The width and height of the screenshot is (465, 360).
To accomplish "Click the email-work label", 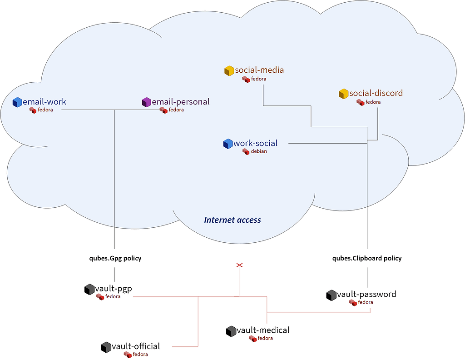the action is pyautogui.click(x=45, y=102).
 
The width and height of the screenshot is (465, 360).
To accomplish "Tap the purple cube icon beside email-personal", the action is pyautogui.click(x=147, y=102).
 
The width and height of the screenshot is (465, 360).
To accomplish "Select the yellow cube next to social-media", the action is pyautogui.click(x=229, y=70).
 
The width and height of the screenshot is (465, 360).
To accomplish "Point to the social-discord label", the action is pyautogui.click(x=376, y=93).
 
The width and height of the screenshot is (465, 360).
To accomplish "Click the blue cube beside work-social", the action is pyautogui.click(x=228, y=144).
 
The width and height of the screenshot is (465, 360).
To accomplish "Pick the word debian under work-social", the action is pyautogui.click(x=259, y=151).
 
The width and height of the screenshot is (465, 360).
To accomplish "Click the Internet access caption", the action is pyautogui.click(x=232, y=220).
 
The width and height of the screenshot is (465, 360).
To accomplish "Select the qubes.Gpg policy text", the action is pyautogui.click(x=115, y=259).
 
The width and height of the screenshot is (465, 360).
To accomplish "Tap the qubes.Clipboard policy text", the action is pyautogui.click(x=367, y=259).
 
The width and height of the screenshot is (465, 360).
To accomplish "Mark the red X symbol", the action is pyautogui.click(x=239, y=265).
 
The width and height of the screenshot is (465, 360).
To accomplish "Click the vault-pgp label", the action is pyautogui.click(x=114, y=289).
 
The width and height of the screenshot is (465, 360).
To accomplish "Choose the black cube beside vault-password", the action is pyautogui.click(x=331, y=295).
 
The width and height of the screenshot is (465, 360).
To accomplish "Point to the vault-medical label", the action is pyautogui.click(x=263, y=330).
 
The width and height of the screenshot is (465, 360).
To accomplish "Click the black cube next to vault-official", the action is pyautogui.click(x=106, y=347).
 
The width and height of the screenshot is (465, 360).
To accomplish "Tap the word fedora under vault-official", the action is pyautogui.click(x=140, y=355).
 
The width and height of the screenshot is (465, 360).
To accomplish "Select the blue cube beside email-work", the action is pyautogui.click(x=17, y=102).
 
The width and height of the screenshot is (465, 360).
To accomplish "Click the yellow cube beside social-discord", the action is pyautogui.click(x=343, y=94).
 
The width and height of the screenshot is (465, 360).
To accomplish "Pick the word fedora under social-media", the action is pyautogui.click(x=258, y=79).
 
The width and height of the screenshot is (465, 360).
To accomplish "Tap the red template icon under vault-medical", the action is pyautogui.click(x=252, y=339).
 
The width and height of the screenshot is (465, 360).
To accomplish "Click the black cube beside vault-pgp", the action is pyautogui.click(x=89, y=290).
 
